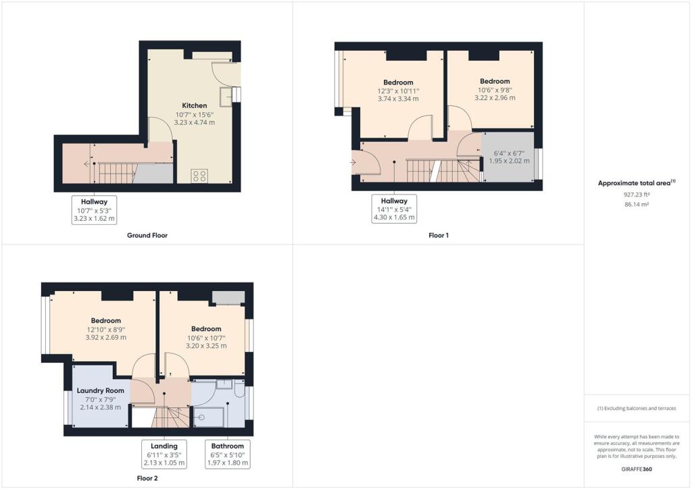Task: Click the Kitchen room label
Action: (x=195, y=105)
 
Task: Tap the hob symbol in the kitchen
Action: (x=199, y=176)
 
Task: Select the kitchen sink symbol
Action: (x=226, y=97)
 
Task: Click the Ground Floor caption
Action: (x=147, y=236)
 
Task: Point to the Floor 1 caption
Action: (x=439, y=236)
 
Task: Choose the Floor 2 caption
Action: (x=147, y=478)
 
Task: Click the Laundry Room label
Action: (x=100, y=390)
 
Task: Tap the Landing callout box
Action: (x=164, y=454)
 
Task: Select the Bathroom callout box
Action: (x=228, y=454)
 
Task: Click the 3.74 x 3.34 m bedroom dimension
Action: (x=398, y=99)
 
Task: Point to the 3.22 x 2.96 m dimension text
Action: (x=495, y=98)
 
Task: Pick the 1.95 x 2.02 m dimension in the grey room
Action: (x=510, y=161)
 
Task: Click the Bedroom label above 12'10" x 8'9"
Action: (x=106, y=321)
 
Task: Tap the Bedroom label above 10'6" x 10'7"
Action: (x=206, y=329)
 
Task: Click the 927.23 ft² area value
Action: (x=637, y=195)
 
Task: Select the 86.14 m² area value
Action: (x=637, y=205)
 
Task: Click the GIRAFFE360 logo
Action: (x=637, y=469)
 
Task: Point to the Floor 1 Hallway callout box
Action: (x=394, y=209)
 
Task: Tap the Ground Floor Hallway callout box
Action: (x=94, y=210)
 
